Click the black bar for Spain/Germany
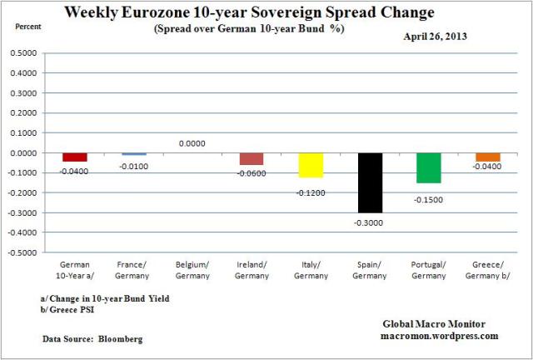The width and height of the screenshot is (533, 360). click(x=371, y=182)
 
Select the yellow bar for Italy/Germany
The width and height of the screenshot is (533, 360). click(x=311, y=165)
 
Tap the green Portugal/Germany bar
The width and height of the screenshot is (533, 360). click(x=430, y=167)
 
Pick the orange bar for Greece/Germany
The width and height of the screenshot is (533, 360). click(x=488, y=157)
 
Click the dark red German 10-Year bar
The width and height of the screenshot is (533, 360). click(x=75, y=157)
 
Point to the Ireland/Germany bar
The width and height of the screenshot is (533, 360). click(x=252, y=158)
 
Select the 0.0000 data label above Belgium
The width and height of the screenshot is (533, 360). click(x=193, y=143)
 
